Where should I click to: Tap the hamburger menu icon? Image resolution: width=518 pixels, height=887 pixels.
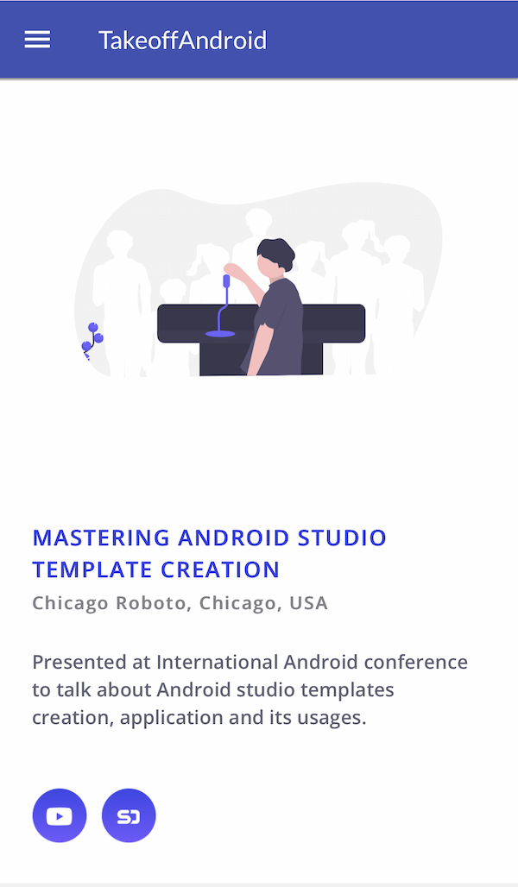pos(37,40)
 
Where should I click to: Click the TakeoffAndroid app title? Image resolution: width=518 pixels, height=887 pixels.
pos(182,41)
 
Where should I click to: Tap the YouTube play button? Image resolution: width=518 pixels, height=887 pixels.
pos(60,815)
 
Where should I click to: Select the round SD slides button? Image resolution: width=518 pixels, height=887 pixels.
pos(129,815)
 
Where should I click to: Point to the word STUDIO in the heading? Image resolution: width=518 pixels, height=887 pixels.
pos(342,538)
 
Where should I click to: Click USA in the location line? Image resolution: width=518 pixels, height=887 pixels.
pos(308,603)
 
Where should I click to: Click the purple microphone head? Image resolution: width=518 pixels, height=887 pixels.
pos(226,281)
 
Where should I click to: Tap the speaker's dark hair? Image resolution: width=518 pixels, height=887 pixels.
pos(277,251)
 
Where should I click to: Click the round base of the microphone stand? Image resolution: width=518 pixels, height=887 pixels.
pos(220,334)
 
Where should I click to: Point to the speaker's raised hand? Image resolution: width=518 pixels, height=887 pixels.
pos(231,268)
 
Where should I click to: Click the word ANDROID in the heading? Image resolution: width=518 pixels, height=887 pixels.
pos(234,538)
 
